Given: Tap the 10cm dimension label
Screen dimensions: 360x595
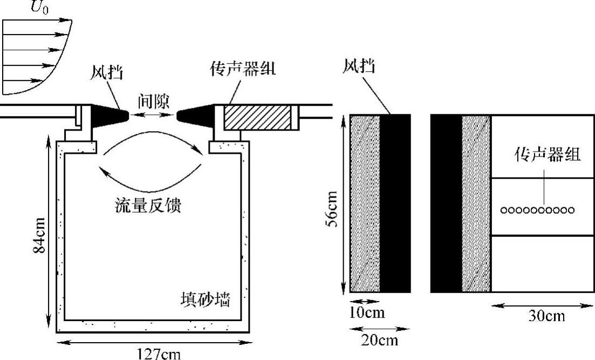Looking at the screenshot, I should [x=367, y=313].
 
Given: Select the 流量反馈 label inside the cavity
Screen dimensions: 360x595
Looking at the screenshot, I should [x=148, y=206].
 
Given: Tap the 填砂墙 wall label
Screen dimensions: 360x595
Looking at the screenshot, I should [x=206, y=299].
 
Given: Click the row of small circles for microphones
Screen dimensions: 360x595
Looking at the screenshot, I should [x=537, y=210].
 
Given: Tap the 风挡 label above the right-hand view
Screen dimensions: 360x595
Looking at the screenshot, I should [x=359, y=67].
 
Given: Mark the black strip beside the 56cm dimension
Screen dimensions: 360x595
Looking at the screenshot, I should [x=395, y=203].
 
